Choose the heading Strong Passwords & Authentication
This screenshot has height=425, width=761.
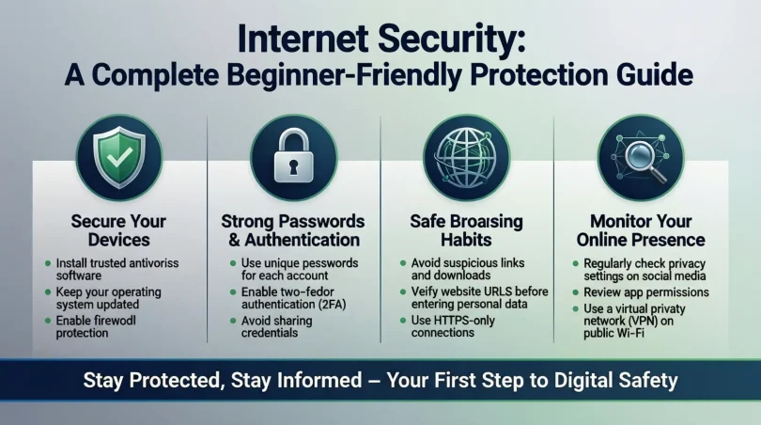(x=292, y=231)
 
